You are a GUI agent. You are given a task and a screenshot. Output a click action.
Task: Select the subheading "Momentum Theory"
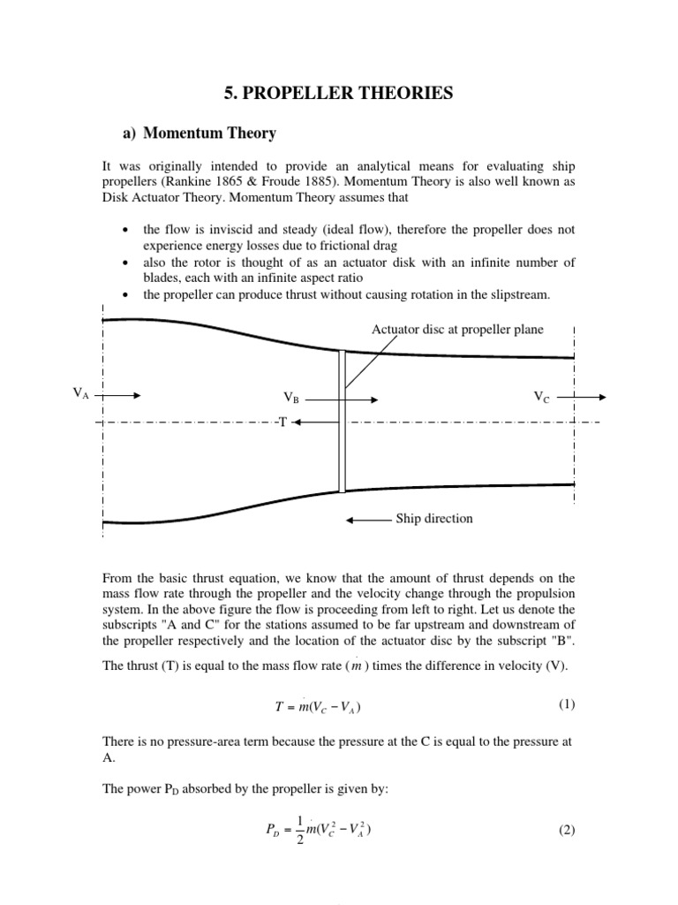click(209, 133)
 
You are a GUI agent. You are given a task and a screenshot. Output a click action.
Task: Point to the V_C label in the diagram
click(541, 397)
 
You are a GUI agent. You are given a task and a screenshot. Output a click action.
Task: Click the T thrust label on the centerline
click(282, 422)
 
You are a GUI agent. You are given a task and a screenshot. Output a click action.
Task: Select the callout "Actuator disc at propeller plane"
click(457, 330)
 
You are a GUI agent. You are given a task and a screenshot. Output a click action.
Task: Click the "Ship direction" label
click(434, 519)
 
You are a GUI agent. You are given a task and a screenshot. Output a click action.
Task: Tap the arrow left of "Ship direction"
click(368, 520)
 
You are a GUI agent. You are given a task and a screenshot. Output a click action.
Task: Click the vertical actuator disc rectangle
click(343, 420)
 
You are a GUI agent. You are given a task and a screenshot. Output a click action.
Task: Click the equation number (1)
click(566, 704)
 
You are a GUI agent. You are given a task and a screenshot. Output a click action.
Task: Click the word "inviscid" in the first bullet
click(230, 229)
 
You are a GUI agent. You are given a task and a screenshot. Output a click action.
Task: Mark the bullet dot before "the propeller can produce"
click(125, 294)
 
